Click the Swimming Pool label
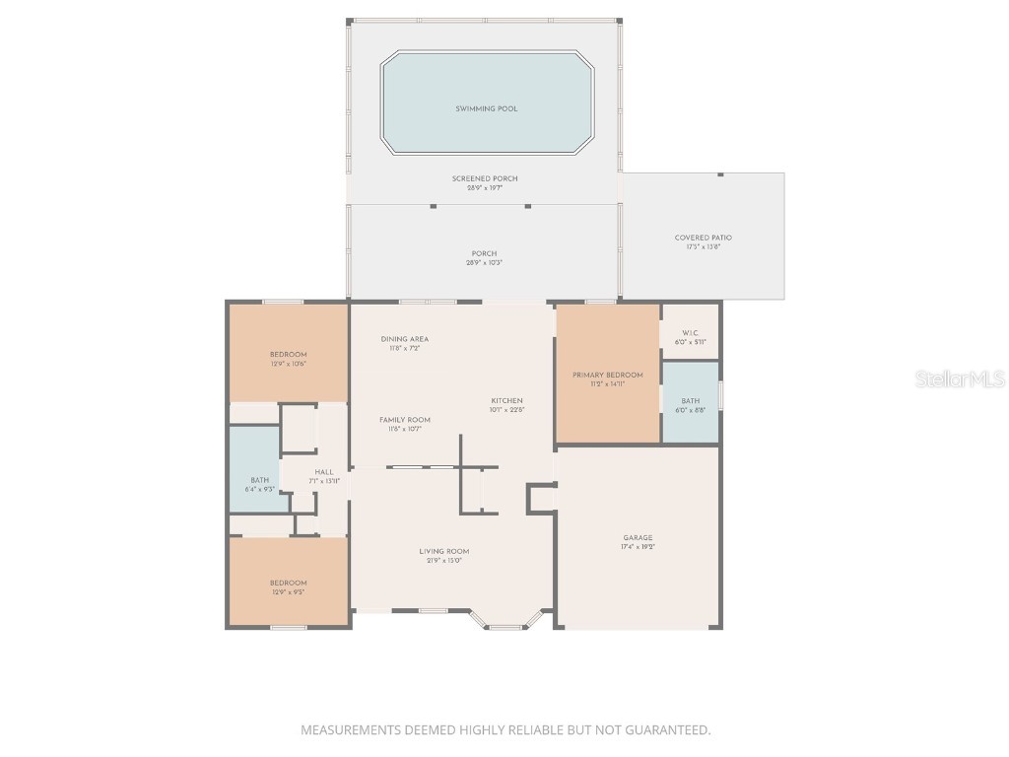click(486, 108)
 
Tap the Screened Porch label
click(485, 178)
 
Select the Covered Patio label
click(704, 238)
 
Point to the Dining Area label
click(405, 339)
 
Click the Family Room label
click(405, 420)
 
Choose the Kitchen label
click(507, 400)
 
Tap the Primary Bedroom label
click(608, 375)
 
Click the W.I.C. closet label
click(690, 333)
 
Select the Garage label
click(638, 538)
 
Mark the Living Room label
click(444, 552)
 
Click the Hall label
click(324, 472)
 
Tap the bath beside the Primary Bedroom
click(690, 401)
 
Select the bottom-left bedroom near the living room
click(289, 583)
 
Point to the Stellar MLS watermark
click(960, 378)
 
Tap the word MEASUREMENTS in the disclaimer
click(352, 730)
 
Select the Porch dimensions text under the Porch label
click(484, 263)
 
